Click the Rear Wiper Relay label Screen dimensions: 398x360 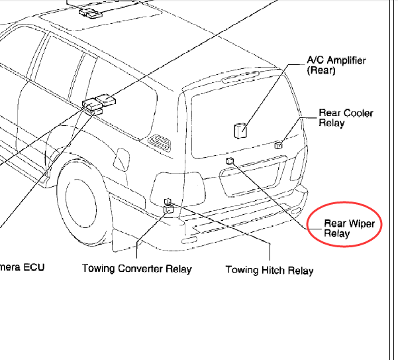(x=349, y=228)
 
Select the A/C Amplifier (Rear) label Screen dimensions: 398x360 (x=336, y=65)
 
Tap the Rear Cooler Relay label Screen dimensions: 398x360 (x=346, y=117)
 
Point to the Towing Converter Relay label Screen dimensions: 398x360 (x=137, y=269)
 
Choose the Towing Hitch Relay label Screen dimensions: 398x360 (x=270, y=270)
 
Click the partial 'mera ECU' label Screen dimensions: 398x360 (x=22, y=267)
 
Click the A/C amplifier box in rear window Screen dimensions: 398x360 (x=240, y=131)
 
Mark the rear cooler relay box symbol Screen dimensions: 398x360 (x=278, y=145)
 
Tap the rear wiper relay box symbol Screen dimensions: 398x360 (x=230, y=161)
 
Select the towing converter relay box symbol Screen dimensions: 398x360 (x=169, y=210)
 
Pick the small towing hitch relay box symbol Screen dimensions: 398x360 (x=168, y=201)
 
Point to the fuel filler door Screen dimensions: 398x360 (x=121, y=159)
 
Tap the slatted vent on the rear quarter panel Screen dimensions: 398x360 (x=159, y=143)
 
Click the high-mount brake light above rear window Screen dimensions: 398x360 (x=240, y=77)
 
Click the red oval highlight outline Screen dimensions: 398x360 (x=344, y=202)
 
